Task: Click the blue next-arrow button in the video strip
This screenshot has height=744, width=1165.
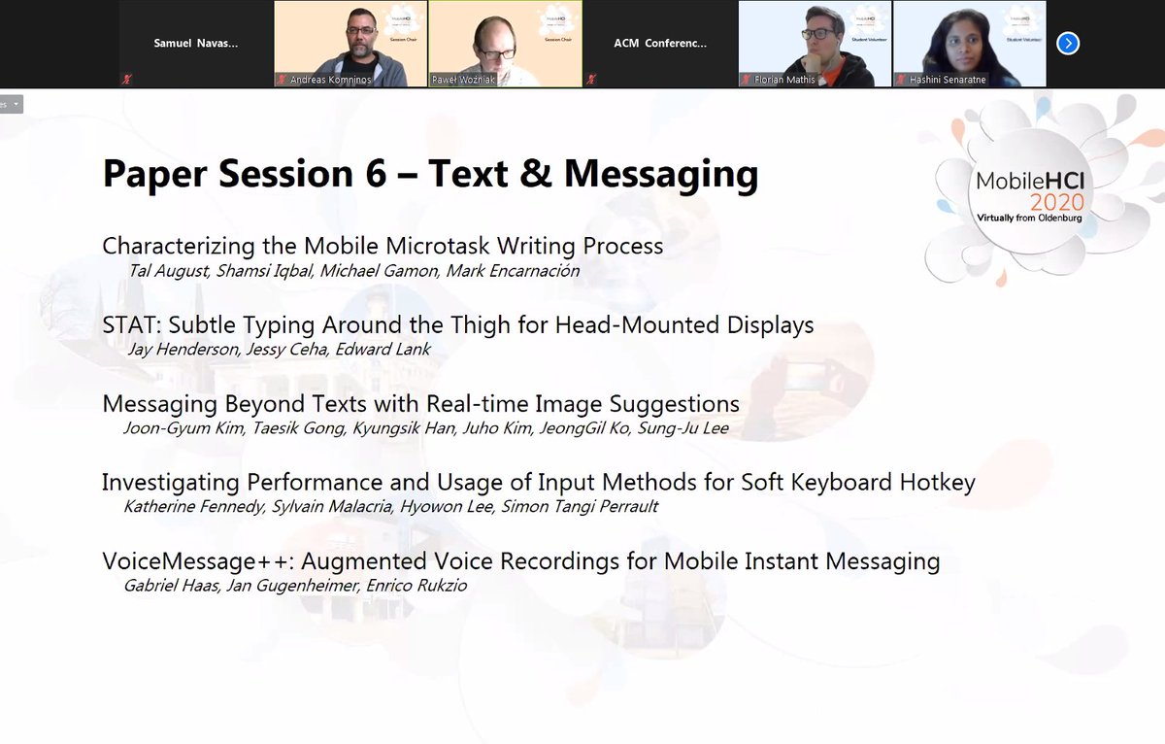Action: click(x=1068, y=43)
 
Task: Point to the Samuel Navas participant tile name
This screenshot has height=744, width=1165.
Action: click(x=195, y=43)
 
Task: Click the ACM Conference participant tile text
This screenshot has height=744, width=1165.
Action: click(x=660, y=43)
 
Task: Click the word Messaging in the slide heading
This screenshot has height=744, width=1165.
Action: click(x=660, y=174)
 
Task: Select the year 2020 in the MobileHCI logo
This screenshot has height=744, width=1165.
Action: click(x=1056, y=202)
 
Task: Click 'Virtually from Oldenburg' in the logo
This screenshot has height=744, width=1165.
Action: click(x=1030, y=220)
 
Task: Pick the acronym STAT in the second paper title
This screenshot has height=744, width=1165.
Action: click(x=129, y=325)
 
